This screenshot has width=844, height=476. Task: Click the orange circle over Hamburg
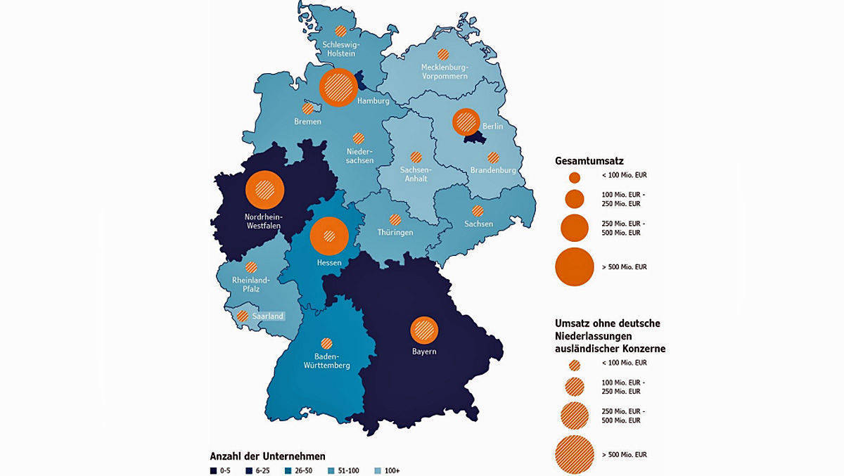coord(338,87)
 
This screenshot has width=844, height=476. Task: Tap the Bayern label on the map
coord(424,350)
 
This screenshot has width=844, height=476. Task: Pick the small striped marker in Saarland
coord(243,316)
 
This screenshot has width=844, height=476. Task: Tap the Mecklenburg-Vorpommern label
coord(444,72)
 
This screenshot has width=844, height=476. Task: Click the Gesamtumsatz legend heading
coord(589,161)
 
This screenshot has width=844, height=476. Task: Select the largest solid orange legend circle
coord(575,266)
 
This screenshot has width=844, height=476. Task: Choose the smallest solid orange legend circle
coord(575,177)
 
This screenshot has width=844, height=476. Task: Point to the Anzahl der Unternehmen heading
coord(267,456)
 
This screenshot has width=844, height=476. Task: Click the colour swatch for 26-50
coord(288,470)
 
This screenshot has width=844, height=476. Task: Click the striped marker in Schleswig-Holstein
coord(341,31)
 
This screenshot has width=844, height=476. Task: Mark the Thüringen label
coord(395,232)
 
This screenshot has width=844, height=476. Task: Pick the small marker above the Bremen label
coord(308,109)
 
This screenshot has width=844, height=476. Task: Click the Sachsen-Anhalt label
coord(416,174)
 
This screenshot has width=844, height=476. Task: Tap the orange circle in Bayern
coord(424,329)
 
